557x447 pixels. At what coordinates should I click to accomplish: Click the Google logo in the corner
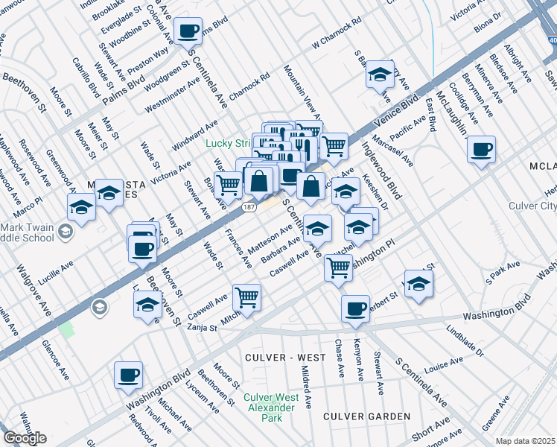(25, 438)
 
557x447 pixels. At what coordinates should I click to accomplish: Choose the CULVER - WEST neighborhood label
(285, 358)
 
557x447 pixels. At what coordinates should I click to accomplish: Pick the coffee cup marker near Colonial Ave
(188, 31)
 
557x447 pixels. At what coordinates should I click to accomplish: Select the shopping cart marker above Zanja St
(246, 297)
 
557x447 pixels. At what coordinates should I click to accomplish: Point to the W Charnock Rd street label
(336, 39)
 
